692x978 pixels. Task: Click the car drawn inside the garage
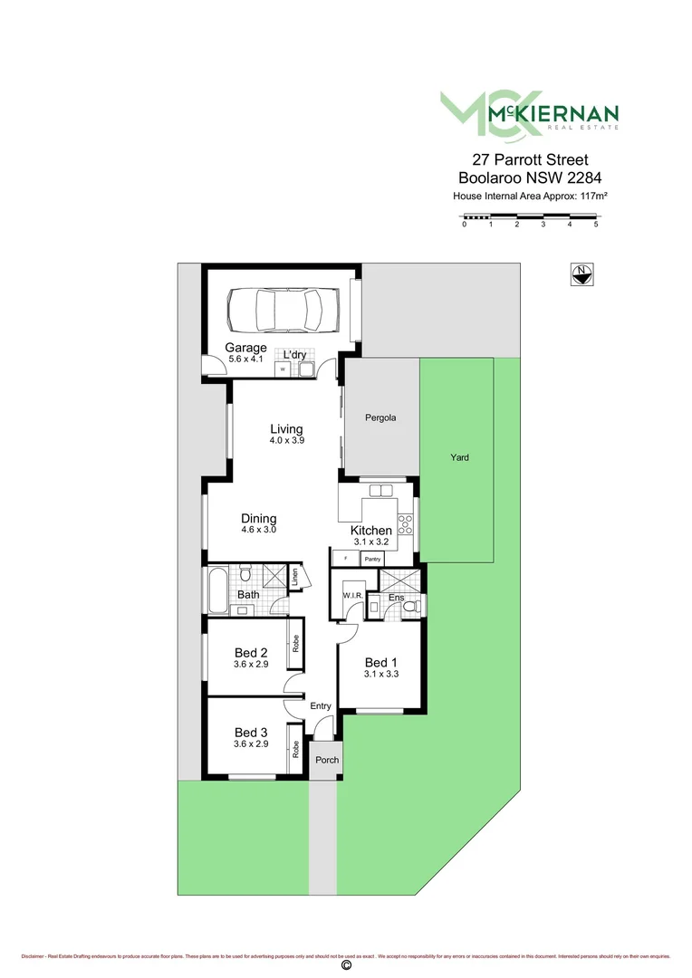pyautogui.click(x=282, y=310)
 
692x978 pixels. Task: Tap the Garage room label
pyautogui.click(x=245, y=348)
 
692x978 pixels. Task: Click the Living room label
pyautogui.click(x=286, y=429)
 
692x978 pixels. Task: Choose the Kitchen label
pyautogui.click(x=371, y=531)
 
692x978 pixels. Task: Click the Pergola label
pyautogui.click(x=381, y=418)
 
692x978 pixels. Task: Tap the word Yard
pyautogui.click(x=460, y=457)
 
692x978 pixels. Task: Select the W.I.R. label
pyautogui.click(x=351, y=595)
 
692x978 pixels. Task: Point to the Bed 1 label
pyautogui.click(x=380, y=661)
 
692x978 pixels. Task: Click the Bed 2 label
pyautogui.click(x=251, y=653)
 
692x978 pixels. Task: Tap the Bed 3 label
pyautogui.click(x=251, y=732)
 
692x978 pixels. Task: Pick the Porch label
pyautogui.click(x=326, y=760)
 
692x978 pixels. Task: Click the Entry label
pyautogui.click(x=321, y=706)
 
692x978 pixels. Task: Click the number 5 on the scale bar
pyautogui.click(x=596, y=225)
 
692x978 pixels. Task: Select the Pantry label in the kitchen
pyautogui.click(x=371, y=560)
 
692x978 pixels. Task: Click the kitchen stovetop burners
pyautogui.click(x=405, y=524)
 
